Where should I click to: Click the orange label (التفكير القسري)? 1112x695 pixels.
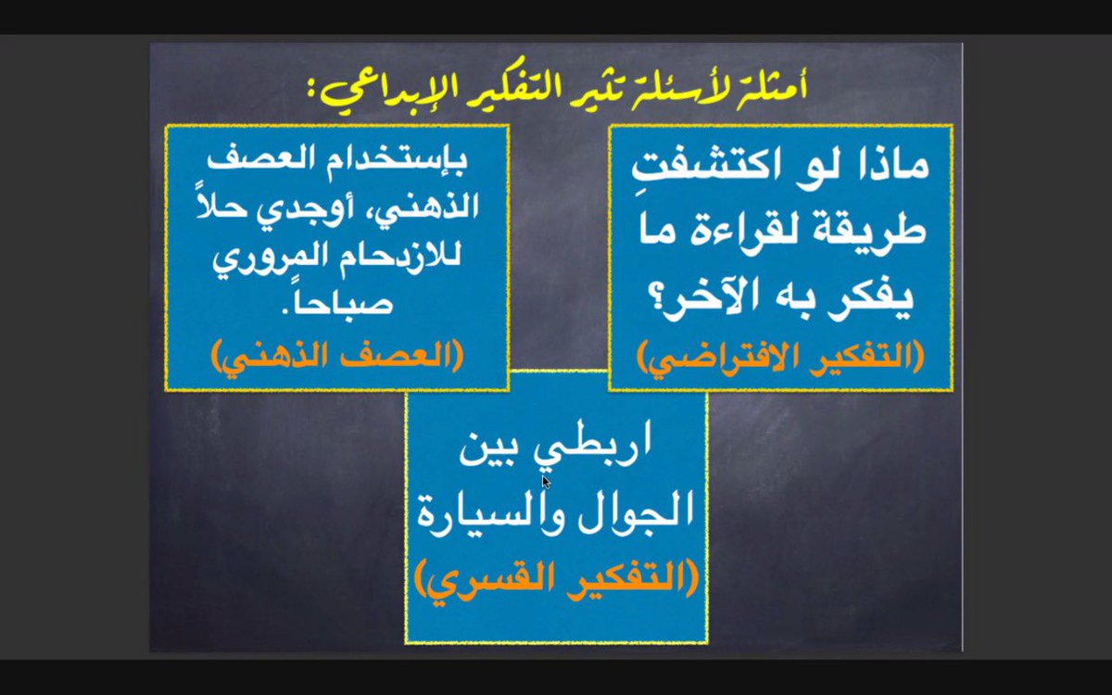[x=556, y=581]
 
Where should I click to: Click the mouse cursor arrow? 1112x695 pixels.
[x=546, y=482]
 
